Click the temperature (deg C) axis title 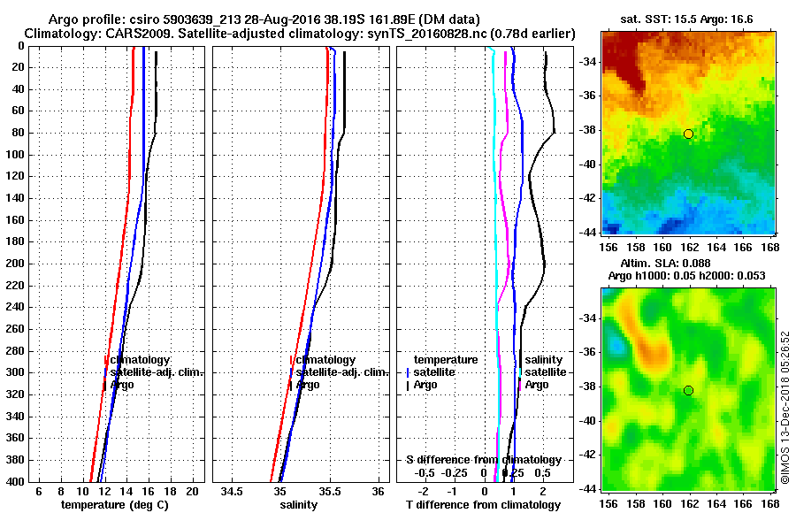[115, 504]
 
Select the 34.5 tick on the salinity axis [233, 490]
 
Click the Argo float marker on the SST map [688, 134]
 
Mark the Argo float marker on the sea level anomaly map [688, 390]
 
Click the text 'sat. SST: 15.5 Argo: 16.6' [686, 19]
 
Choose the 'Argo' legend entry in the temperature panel [123, 385]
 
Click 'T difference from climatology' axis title [483, 504]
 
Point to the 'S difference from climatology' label [483, 460]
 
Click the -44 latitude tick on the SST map [585, 232]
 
